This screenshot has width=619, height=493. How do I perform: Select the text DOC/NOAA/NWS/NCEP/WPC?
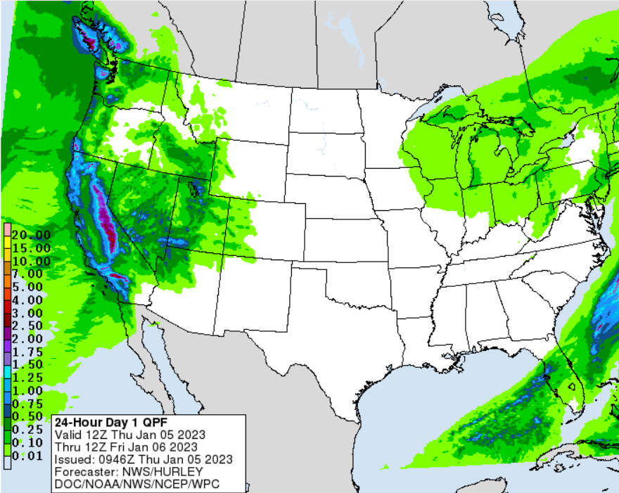(x=125, y=485)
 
